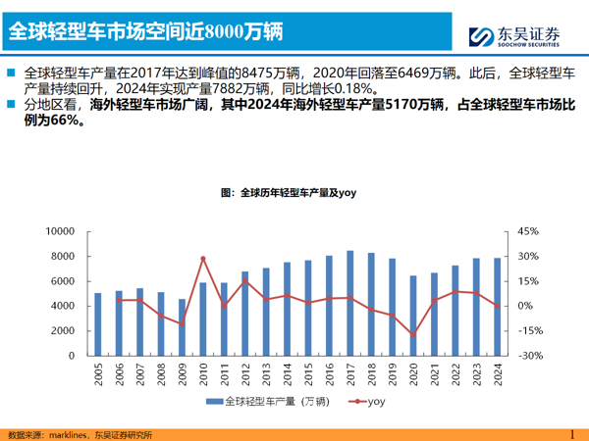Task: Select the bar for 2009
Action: coord(182,327)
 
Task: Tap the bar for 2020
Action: coord(413,316)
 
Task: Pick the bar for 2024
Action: coord(498,307)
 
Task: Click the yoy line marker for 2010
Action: coord(202,259)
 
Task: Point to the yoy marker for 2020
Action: coord(413,335)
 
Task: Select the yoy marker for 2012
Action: coord(244,282)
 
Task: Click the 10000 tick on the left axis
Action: coord(61,231)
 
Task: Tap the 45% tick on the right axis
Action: coord(528,231)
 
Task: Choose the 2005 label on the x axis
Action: coord(97,372)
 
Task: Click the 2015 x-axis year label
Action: coord(308,372)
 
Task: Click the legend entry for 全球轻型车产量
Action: coord(272,402)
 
